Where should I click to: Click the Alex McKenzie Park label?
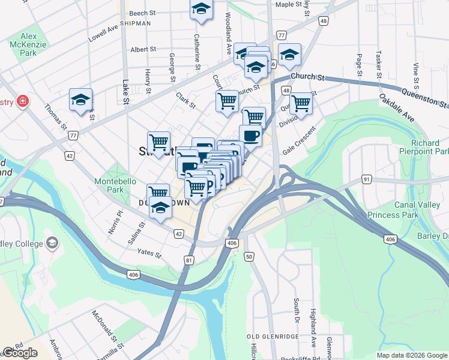click(x=23, y=45)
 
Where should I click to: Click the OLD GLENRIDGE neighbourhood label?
click(x=273, y=337)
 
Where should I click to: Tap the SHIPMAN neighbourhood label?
click(x=135, y=23)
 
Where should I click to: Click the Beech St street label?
click(x=142, y=13)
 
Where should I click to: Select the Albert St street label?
click(x=143, y=50)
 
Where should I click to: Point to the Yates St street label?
click(x=149, y=254)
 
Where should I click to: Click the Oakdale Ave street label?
click(x=397, y=107)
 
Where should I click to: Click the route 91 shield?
click(x=366, y=179)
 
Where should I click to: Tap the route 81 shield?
click(x=190, y=260)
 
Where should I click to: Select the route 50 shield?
click(x=249, y=257)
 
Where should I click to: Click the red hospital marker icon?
click(x=23, y=101)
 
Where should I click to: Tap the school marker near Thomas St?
click(x=80, y=101)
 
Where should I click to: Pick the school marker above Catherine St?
click(x=202, y=9)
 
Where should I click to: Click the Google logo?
click(x=20, y=353)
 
